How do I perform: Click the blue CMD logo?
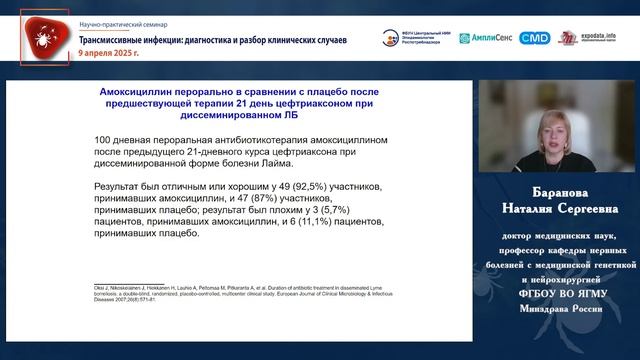[x=535, y=37]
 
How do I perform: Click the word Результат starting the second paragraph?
[x=121, y=186]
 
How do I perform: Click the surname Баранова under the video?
[x=559, y=194]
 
